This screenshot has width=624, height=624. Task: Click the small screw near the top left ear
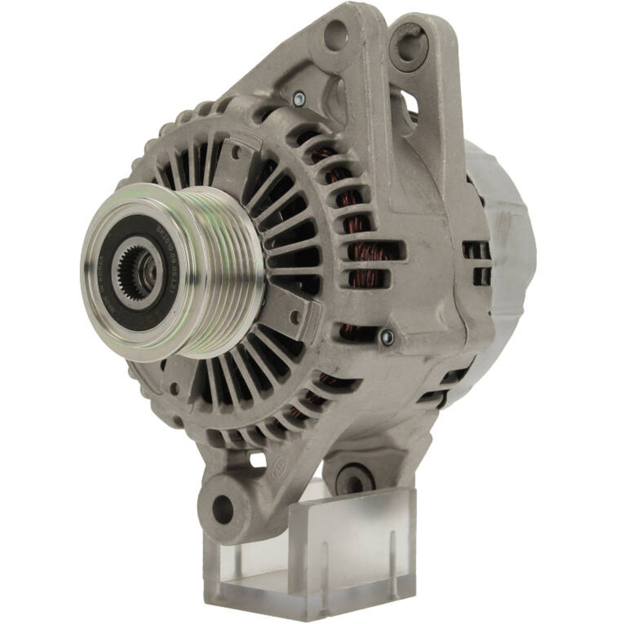[300, 97]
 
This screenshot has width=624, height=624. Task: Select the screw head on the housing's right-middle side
[386, 338]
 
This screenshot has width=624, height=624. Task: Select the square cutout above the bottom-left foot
[256, 461]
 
